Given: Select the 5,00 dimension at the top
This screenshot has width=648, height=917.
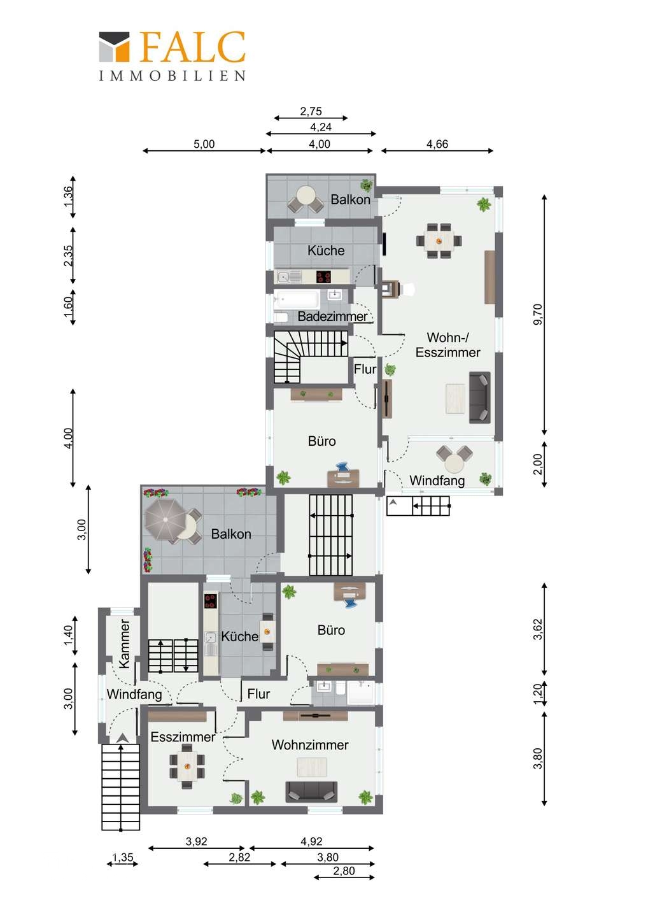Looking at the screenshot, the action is coord(204,144).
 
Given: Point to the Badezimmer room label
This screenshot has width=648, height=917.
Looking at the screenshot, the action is coord(332,316).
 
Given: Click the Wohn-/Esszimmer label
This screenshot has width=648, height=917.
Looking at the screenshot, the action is coord(447,345).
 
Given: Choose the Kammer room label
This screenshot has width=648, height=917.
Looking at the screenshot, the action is coord(124,643).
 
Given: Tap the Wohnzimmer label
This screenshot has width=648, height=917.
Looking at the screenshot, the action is coord(310,744).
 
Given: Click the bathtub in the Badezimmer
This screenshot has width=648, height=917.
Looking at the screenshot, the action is coord(297,299).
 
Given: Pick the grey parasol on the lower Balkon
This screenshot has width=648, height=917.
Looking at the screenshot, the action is coord(166,520).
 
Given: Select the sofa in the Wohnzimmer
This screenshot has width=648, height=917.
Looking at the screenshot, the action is coord(311,792).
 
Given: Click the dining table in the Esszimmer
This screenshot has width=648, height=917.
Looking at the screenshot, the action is coord(187,766).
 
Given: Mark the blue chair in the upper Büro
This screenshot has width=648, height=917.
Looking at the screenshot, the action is coord(343,467).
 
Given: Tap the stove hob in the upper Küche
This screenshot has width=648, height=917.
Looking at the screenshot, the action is coord(323,277).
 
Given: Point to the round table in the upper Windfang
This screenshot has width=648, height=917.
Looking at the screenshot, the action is coord(454,464).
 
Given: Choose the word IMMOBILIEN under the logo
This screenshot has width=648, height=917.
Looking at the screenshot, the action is coord(173,76).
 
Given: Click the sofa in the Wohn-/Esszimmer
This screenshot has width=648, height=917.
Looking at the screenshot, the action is coord(479,397).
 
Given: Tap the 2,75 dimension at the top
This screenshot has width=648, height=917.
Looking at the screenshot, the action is coord(311,111).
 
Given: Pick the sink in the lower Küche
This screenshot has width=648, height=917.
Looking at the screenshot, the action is coord(211,637).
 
